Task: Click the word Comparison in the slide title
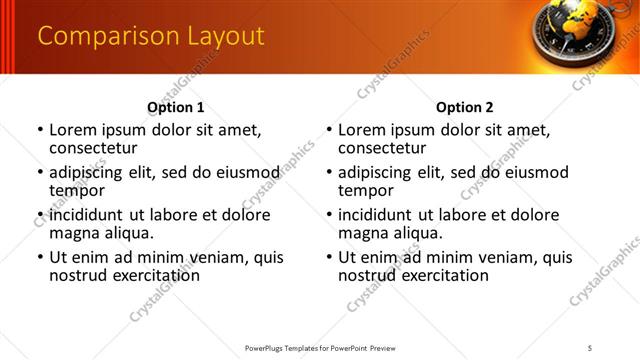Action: point(99,37)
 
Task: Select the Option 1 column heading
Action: point(176,107)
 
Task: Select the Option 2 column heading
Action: point(465,107)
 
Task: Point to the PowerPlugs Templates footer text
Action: point(320,347)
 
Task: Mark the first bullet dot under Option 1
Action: point(40,131)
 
